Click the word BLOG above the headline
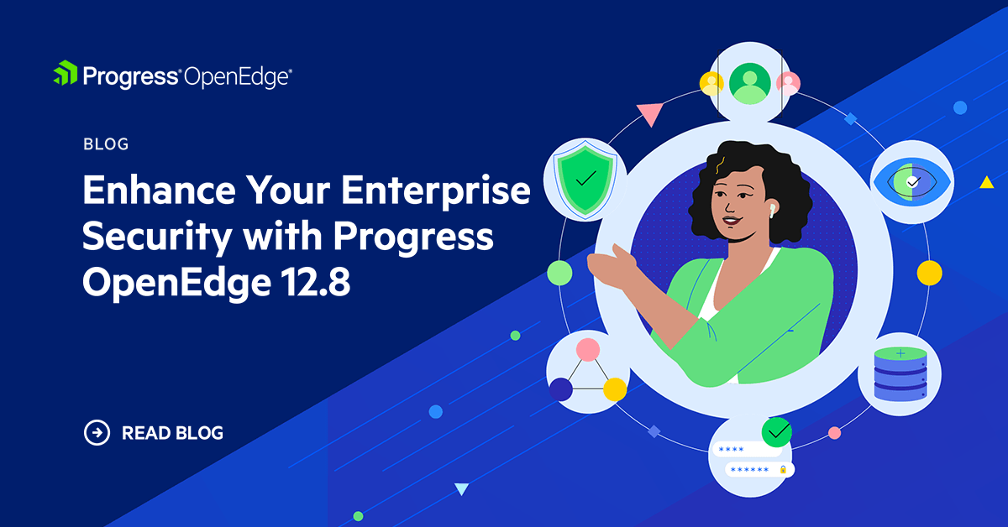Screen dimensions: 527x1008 106,144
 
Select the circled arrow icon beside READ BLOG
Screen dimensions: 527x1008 97,433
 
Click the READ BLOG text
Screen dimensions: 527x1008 172,434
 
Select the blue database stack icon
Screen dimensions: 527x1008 899,375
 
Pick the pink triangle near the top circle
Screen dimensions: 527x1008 649,113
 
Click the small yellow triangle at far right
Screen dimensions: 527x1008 986,182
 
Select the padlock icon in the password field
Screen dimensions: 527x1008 783,470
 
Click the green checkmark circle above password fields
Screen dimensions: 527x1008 776,431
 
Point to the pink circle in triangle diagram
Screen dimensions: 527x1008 587,349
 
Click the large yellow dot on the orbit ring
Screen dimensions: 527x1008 929,273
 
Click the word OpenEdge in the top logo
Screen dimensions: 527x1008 238,76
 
